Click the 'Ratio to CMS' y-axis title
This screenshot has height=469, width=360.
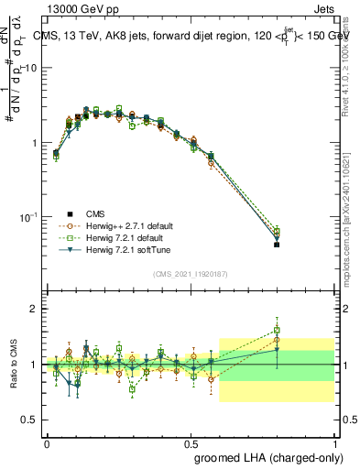coord(14,364)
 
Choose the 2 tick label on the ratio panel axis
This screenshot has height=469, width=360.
coord(35,310)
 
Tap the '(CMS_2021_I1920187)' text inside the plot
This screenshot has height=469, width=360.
coord(190,273)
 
